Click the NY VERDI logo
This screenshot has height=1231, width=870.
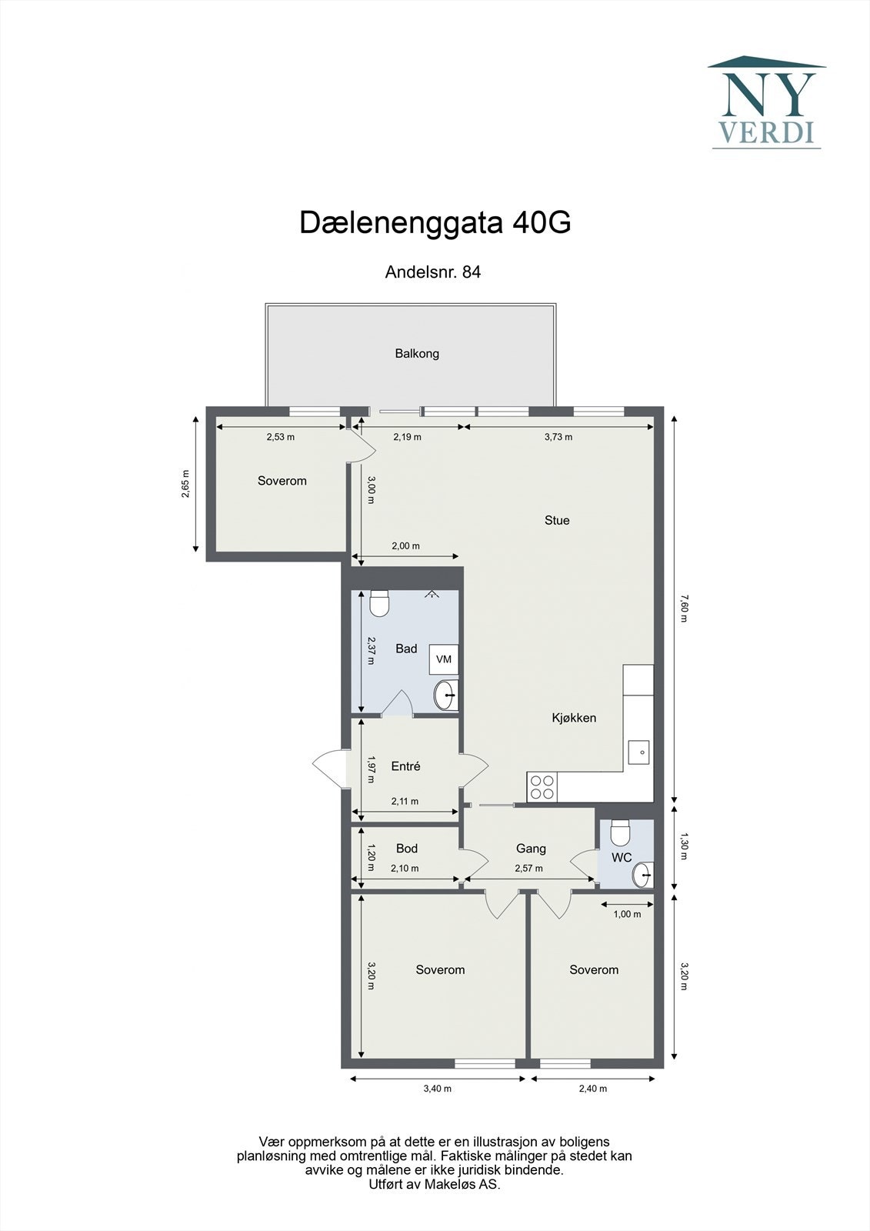pyautogui.click(x=767, y=102)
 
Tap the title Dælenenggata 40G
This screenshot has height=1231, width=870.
pyautogui.click(x=435, y=223)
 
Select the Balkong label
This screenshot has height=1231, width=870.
pyautogui.click(x=417, y=354)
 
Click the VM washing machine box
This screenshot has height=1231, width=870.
pyautogui.click(x=444, y=659)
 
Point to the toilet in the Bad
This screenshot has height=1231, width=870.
pyautogui.click(x=379, y=604)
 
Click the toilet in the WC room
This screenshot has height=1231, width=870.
pyautogui.click(x=620, y=832)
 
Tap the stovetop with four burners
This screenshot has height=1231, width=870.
pyautogui.click(x=542, y=787)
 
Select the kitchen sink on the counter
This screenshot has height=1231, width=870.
pyautogui.click(x=638, y=752)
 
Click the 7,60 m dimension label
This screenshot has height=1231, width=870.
pyautogui.click(x=683, y=608)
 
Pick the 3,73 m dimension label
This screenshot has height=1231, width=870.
pyautogui.click(x=558, y=437)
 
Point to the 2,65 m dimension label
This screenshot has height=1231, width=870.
pyautogui.click(x=185, y=484)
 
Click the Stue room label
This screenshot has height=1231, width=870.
pyautogui.click(x=557, y=521)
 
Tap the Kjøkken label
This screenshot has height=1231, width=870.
pyautogui.click(x=574, y=718)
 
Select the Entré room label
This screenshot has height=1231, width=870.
pyautogui.click(x=405, y=766)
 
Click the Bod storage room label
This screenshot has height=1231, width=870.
pyautogui.click(x=407, y=849)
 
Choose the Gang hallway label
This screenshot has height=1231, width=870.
pyautogui.click(x=531, y=849)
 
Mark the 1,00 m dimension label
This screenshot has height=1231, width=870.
pyautogui.click(x=627, y=914)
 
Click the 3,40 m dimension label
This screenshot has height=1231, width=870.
pyautogui.click(x=438, y=1089)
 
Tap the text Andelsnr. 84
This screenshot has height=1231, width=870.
pyautogui.click(x=433, y=272)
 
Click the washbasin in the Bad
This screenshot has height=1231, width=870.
pyautogui.click(x=445, y=696)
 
